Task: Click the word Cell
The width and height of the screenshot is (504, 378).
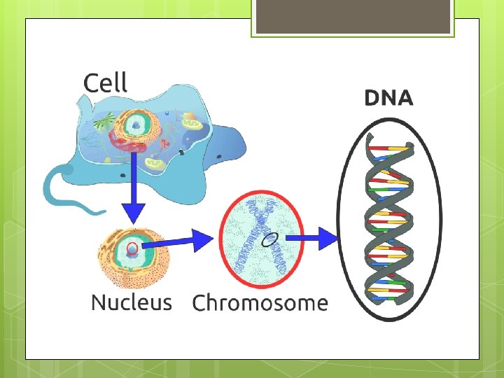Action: point(105,83)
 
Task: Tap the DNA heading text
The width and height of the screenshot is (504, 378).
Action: point(388,99)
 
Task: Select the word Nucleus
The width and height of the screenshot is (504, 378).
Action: point(131,302)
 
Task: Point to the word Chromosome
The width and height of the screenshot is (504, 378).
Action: point(260,303)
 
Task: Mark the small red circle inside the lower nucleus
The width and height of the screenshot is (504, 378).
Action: point(132,248)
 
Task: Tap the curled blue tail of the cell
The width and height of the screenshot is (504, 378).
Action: point(59,188)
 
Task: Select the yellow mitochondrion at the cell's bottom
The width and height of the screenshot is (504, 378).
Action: point(156,166)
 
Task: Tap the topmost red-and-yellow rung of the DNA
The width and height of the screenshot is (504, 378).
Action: point(389,148)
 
